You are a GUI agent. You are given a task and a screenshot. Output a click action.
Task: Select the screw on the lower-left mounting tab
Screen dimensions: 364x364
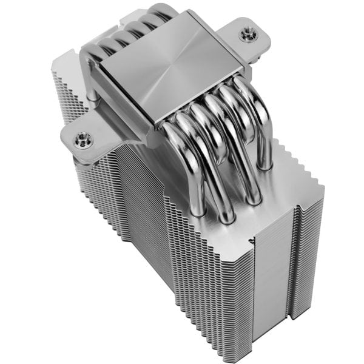click(x=81, y=140)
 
